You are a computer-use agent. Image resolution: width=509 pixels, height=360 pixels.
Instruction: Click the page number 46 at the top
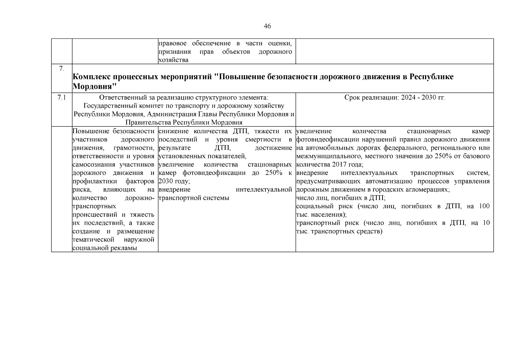tap(267, 26)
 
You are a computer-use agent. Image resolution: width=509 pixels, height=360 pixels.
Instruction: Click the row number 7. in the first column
tap(61, 69)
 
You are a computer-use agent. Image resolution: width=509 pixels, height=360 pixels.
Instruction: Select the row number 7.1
tap(61, 97)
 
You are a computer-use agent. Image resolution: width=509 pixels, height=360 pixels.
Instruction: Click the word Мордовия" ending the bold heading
tap(94, 87)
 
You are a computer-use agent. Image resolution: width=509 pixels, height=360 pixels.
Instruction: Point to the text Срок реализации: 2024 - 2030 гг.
tap(394, 97)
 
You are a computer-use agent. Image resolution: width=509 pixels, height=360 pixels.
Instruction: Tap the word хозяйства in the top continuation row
tap(173, 60)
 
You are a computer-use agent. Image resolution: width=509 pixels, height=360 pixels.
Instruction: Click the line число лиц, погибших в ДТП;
tap(341, 198)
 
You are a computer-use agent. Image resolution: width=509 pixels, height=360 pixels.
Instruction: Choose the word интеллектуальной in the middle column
tap(264, 190)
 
